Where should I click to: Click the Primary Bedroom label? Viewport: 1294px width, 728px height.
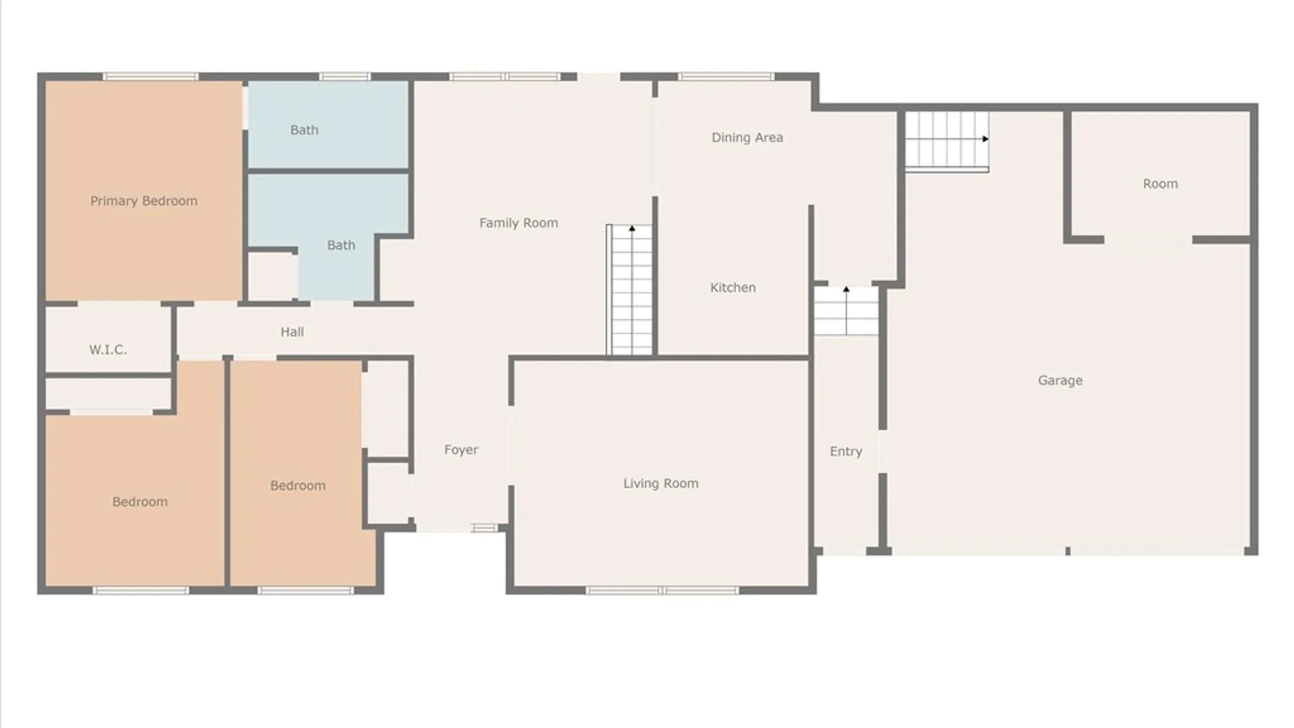point(144,201)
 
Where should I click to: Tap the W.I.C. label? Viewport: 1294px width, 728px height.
point(108,349)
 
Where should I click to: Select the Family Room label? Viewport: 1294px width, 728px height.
point(518,223)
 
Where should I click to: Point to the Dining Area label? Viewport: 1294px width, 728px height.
point(747,138)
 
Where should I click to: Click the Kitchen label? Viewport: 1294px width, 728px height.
point(733,288)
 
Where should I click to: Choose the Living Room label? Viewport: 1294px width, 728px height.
point(660,483)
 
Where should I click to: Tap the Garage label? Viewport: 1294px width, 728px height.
point(1060,380)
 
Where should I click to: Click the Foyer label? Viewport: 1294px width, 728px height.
point(461,450)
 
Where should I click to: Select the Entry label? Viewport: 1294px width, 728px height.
point(846,452)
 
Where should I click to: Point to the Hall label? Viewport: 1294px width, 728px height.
point(292,332)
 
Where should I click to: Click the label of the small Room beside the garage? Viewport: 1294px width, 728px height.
point(1160,184)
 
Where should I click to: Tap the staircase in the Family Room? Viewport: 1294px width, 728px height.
point(629,290)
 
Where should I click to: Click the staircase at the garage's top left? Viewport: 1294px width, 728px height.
point(947,142)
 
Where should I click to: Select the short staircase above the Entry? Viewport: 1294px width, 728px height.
point(846,311)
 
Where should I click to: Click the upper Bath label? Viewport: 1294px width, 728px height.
point(304,130)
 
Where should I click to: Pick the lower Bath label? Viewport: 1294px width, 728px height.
point(341,245)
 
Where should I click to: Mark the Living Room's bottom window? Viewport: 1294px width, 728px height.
point(663,590)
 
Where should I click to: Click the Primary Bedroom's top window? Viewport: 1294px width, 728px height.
point(150,77)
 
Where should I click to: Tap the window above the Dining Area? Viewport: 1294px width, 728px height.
point(727,77)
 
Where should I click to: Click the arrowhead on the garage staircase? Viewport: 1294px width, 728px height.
point(985,139)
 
